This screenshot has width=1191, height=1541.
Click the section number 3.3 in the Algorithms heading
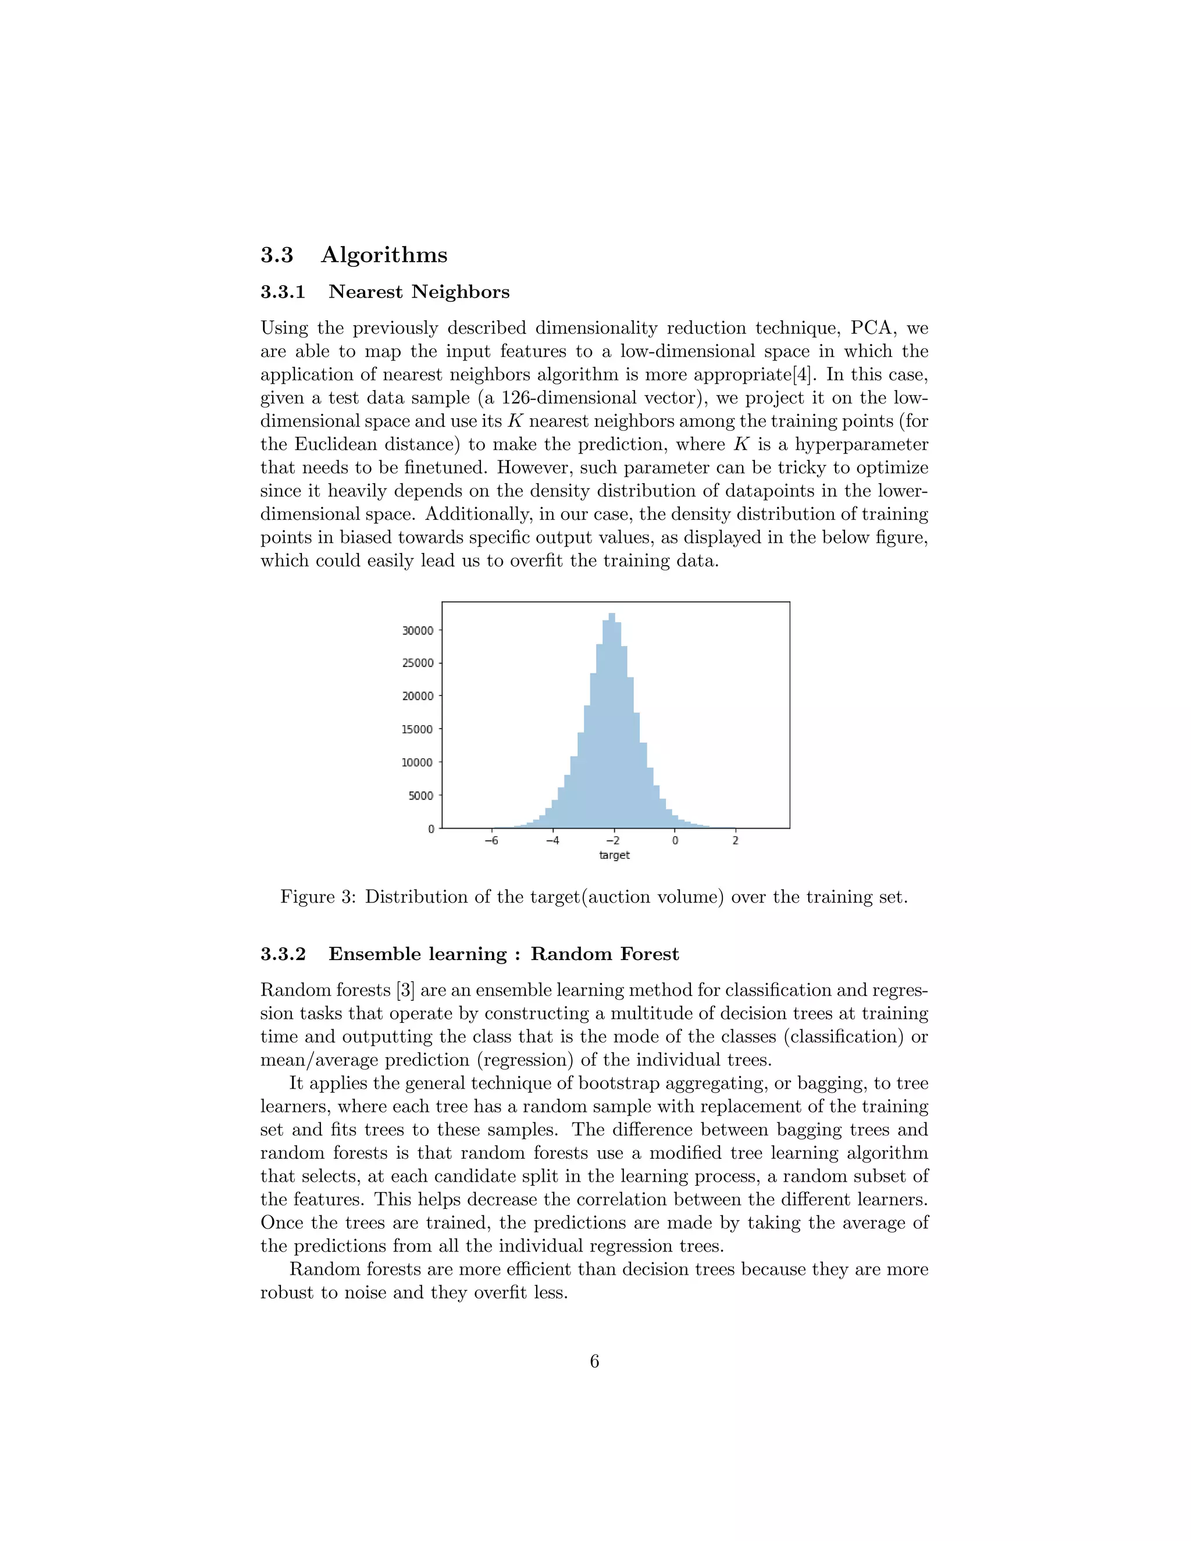[x=277, y=255]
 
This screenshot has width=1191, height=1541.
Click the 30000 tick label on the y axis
[x=418, y=631]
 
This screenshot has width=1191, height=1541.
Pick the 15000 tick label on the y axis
[x=418, y=730]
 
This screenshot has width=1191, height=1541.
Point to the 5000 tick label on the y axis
[x=420, y=796]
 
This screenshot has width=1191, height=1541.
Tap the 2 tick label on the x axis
[x=735, y=841]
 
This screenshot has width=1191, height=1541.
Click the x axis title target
[x=614, y=855]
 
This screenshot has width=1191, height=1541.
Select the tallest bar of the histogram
[x=612, y=720]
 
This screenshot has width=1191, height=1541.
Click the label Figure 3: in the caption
[x=318, y=897]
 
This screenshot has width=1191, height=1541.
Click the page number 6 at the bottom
[x=594, y=1361]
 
